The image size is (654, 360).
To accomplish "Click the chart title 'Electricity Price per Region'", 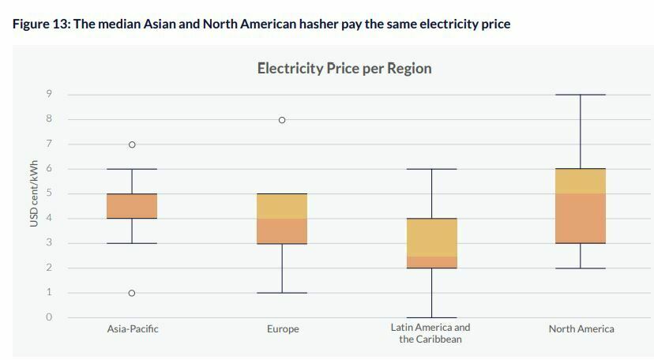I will point(344,68).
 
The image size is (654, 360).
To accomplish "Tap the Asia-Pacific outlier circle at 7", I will point(132,144).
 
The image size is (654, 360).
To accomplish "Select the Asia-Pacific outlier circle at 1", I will point(132,293).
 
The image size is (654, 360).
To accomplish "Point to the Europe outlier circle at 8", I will point(282,120).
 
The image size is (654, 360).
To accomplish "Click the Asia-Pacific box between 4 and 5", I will point(132,206).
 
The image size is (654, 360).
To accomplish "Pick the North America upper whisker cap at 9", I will point(581,95).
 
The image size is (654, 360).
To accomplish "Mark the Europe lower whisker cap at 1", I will point(282,293).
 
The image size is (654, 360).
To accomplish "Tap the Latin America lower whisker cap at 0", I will point(431,317).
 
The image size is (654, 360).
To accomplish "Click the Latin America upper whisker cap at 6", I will point(431,169).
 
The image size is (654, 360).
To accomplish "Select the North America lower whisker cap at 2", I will point(581,268).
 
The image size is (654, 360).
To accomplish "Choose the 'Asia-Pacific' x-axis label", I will point(133,328).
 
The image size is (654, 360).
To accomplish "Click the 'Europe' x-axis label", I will point(283,328).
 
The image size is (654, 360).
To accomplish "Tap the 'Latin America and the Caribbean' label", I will point(430,333).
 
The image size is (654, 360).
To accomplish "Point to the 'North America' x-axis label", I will point(581,328).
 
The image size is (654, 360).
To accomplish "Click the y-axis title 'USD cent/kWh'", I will point(34,193).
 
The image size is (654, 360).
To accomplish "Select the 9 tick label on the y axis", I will point(49,95).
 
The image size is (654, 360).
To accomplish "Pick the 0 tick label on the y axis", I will point(49,317).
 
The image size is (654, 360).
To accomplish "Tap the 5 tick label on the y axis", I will point(49,193).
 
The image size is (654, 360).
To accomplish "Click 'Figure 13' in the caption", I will point(40,24).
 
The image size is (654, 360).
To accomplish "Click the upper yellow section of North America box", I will point(581,181).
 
